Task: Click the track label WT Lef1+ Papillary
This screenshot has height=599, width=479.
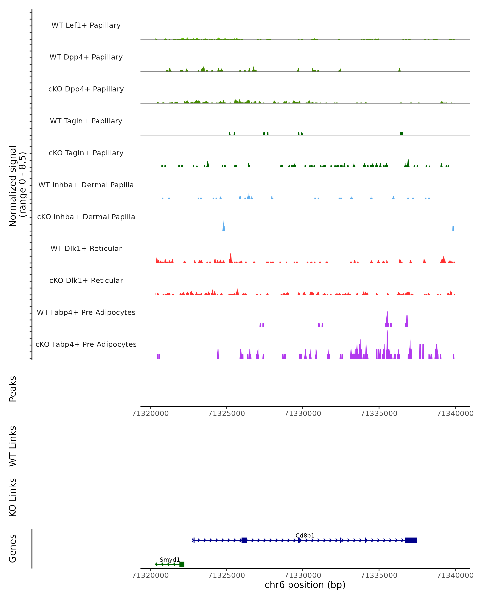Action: click(x=86, y=25)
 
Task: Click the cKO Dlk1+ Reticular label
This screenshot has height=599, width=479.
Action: click(x=86, y=280)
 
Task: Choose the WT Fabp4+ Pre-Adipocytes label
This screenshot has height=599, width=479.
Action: click(x=86, y=312)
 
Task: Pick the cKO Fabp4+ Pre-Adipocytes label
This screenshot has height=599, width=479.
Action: click(x=86, y=344)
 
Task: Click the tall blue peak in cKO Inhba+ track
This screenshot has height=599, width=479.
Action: click(x=224, y=226)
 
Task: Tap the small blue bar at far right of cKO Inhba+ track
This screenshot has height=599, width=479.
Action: click(x=453, y=228)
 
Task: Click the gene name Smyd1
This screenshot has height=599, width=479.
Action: click(x=170, y=559)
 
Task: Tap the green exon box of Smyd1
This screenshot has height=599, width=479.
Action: click(x=182, y=564)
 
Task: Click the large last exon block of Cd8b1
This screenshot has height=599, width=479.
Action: click(x=411, y=540)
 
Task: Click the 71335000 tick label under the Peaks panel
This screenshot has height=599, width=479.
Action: click(x=379, y=414)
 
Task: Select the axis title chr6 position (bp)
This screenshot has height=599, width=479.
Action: click(x=305, y=585)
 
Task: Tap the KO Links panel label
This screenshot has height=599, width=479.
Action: click(x=13, y=497)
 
